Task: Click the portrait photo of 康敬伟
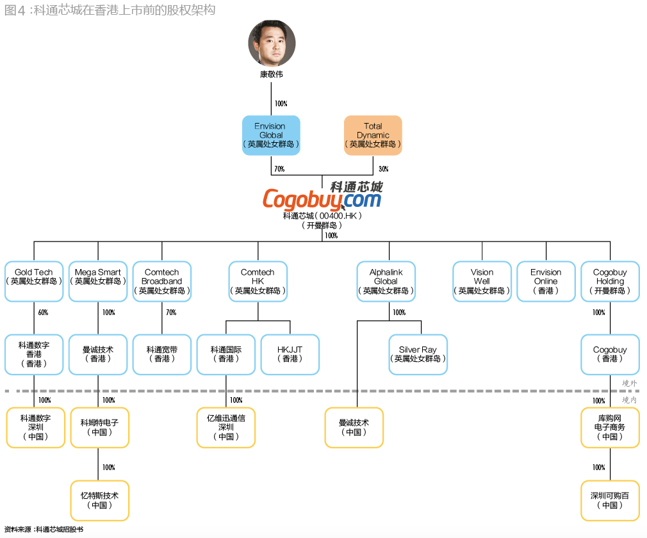(x=272, y=44)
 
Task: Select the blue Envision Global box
(x=271, y=135)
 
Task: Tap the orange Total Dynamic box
(x=373, y=135)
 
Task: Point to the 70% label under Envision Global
(x=279, y=169)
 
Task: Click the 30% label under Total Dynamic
(x=383, y=169)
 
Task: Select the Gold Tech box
(x=34, y=281)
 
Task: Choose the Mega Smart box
(x=98, y=281)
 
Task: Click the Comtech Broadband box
(x=162, y=281)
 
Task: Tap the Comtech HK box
(x=258, y=281)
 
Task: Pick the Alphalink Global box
(x=386, y=281)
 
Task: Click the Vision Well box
(x=482, y=281)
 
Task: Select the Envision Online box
(x=546, y=281)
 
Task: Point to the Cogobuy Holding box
(x=610, y=281)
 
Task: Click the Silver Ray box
(x=418, y=354)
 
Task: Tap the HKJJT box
(x=290, y=354)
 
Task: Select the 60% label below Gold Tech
(x=43, y=313)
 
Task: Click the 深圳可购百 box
(x=610, y=500)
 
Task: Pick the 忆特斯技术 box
(x=99, y=500)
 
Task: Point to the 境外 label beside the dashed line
(x=630, y=384)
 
